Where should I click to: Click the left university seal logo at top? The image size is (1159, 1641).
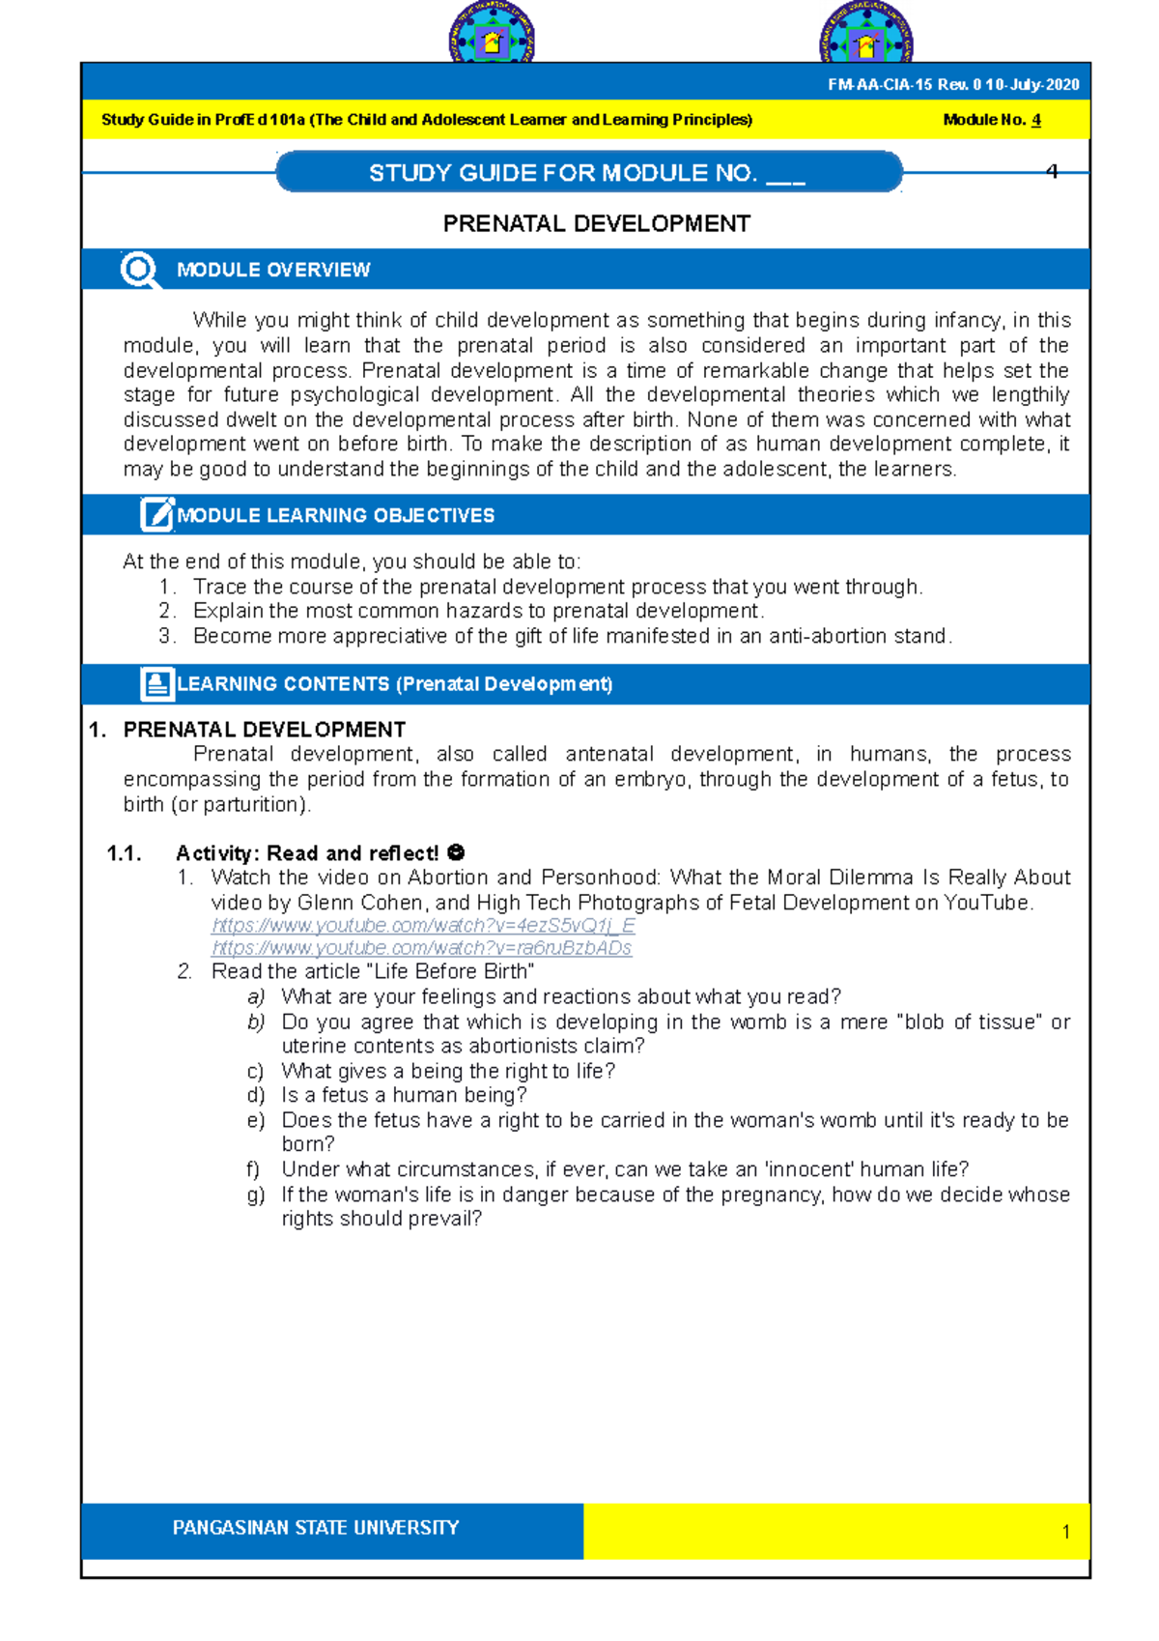click(x=492, y=35)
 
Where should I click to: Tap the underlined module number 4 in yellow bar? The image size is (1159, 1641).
click(x=1036, y=121)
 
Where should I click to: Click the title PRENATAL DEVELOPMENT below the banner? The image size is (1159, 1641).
click(x=596, y=224)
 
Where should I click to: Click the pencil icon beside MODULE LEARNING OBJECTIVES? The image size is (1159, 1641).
click(x=156, y=514)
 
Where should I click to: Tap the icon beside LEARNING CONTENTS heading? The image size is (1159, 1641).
click(x=156, y=683)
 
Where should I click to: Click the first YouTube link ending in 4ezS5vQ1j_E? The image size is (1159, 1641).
click(x=423, y=926)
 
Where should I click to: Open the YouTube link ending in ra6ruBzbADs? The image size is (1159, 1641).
click(x=421, y=948)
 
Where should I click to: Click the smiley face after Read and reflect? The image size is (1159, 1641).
click(x=457, y=852)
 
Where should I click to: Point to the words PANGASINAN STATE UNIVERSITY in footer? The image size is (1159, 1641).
click(x=316, y=1528)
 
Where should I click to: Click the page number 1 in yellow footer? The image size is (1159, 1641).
click(x=1065, y=1532)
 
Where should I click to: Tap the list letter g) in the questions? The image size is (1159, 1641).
click(x=255, y=1195)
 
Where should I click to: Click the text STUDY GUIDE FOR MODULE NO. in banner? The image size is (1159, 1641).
click(x=562, y=173)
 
